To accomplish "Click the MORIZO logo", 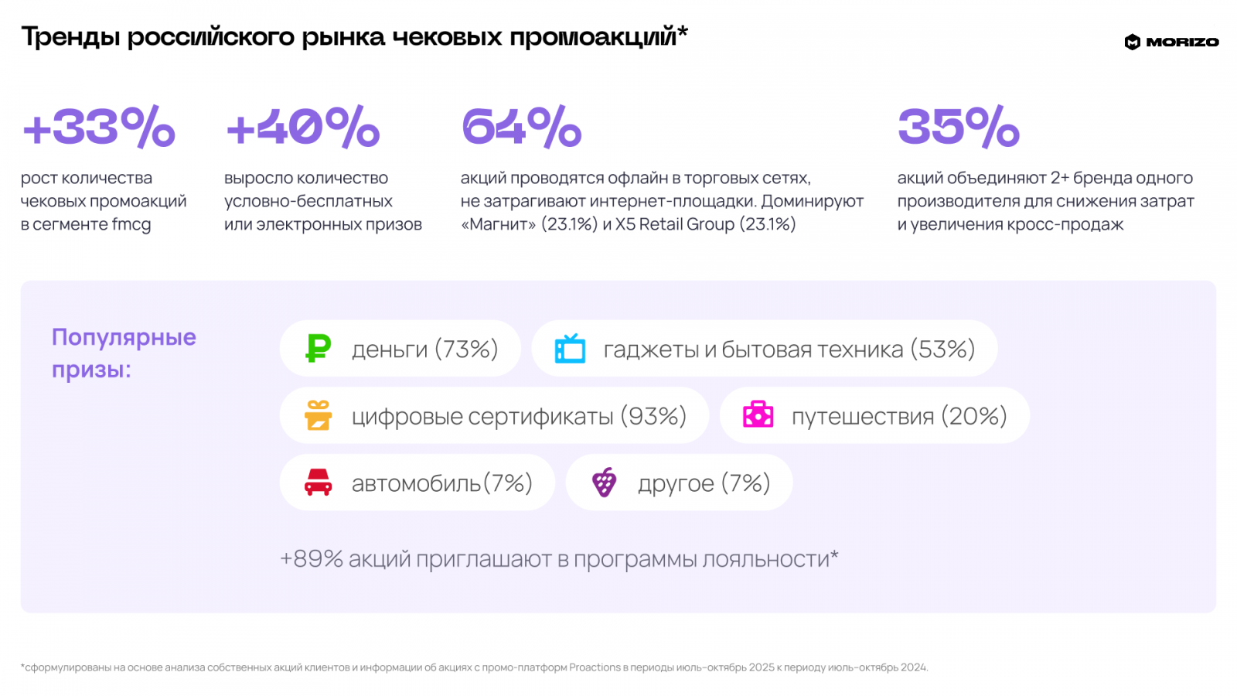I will tap(1171, 42).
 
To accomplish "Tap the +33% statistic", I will tap(100, 127).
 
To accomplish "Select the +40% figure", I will tap(303, 127).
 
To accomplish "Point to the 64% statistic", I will tap(522, 127).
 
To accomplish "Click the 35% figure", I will tap(959, 127).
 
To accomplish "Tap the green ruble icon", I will tap(318, 349).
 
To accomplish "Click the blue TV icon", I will tap(570, 349).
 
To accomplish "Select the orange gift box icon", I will tap(318, 415).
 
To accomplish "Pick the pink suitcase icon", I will tap(758, 415).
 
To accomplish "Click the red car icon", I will tap(318, 483).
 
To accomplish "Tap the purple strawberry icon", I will tap(604, 483).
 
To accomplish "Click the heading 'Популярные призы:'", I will tap(124, 353).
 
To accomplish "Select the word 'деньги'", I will tap(390, 350).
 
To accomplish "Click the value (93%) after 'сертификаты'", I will tap(653, 417).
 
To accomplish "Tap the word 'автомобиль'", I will tap(416, 484).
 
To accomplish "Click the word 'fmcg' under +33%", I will tap(131, 225).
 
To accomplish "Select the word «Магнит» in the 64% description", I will tap(498, 224).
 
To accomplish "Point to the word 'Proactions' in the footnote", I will tap(595, 667).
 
